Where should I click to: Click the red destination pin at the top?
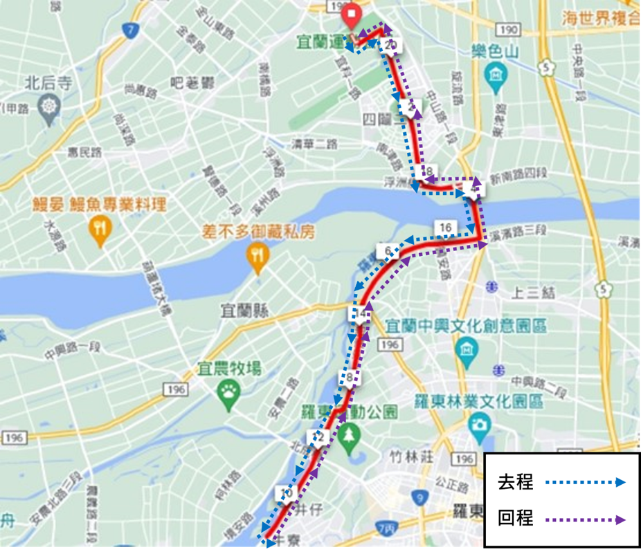[x=352, y=15]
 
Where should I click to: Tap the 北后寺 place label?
[x=48, y=84]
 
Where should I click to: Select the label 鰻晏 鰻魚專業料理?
[x=99, y=205]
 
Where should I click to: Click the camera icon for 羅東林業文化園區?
[x=479, y=423]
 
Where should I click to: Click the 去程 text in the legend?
[x=516, y=482]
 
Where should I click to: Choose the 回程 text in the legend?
[x=516, y=518]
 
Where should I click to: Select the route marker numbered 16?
[x=445, y=228]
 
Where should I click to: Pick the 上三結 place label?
[x=533, y=293]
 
